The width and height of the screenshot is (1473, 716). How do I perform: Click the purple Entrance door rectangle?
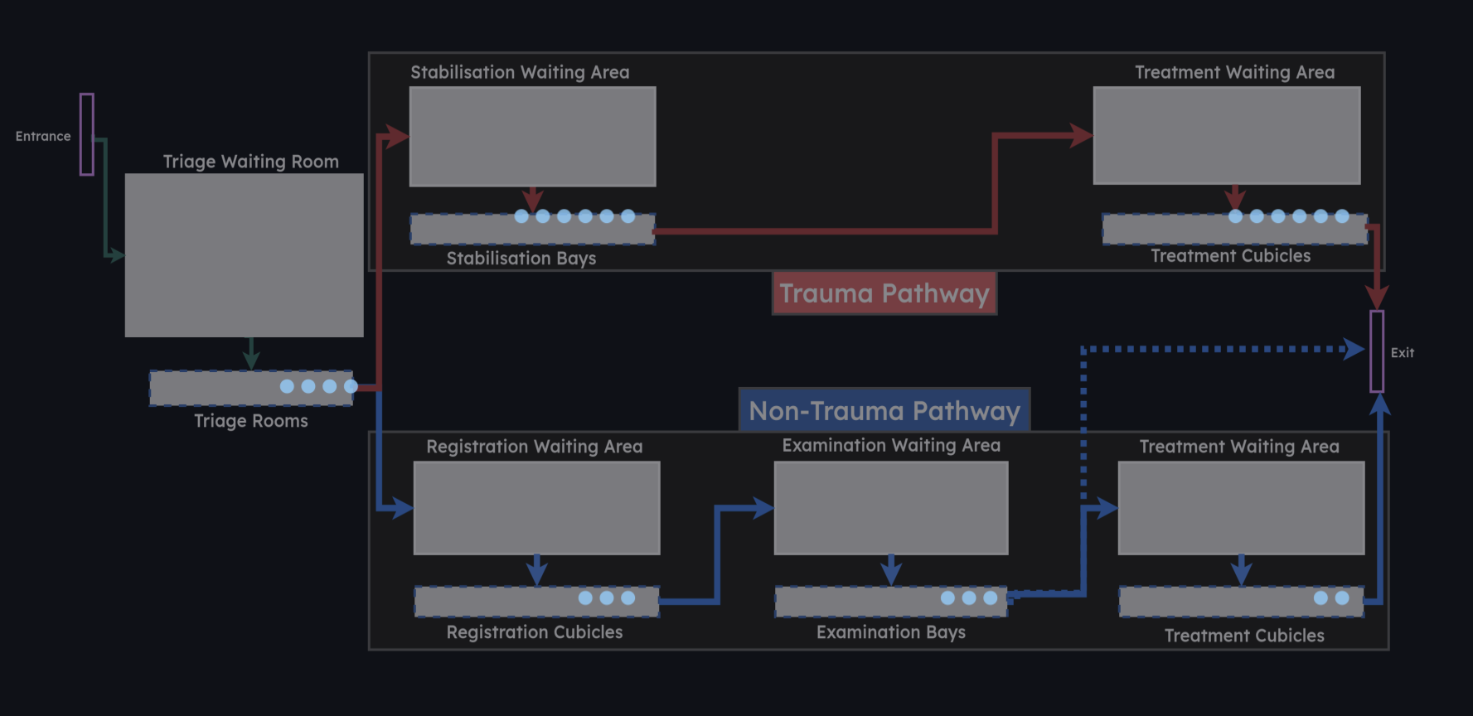(86, 134)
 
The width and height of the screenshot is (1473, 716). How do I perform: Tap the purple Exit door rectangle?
(1377, 351)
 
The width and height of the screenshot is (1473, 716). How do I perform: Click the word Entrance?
(43, 136)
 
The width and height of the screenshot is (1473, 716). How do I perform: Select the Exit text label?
(1403, 353)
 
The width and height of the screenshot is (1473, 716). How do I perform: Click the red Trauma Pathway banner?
(884, 293)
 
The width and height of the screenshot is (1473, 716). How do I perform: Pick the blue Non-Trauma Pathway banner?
(884, 410)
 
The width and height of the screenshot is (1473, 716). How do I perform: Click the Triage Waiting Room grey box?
(244, 254)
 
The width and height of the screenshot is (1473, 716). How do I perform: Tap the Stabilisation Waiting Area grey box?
(532, 136)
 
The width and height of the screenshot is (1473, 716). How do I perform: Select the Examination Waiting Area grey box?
(890, 507)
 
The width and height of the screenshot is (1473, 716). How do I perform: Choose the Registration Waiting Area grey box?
(536, 507)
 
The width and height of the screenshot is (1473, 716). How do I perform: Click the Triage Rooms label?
(250, 421)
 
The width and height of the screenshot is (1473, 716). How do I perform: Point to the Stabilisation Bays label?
(521, 259)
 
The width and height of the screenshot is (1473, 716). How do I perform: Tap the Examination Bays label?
(890, 632)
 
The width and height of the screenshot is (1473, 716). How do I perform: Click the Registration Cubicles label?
(534, 632)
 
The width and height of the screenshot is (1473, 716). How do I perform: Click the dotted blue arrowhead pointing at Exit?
(1354, 349)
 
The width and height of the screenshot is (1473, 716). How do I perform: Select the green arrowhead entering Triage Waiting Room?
(116, 256)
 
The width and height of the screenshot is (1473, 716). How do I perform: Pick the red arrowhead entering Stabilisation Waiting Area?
(399, 136)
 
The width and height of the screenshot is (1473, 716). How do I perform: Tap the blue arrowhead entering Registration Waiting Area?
(403, 507)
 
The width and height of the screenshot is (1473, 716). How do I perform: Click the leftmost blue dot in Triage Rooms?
(287, 386)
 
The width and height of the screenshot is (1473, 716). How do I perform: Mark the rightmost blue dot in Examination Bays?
(991, 597)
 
